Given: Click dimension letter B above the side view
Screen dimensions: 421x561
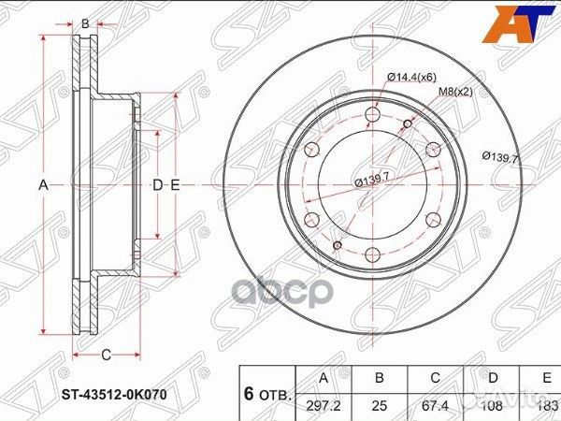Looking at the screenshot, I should [x=85, y=22].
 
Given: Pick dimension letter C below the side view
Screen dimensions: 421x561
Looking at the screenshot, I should [x=106, y=354].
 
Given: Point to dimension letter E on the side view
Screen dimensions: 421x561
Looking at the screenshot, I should [x=175, y=186].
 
